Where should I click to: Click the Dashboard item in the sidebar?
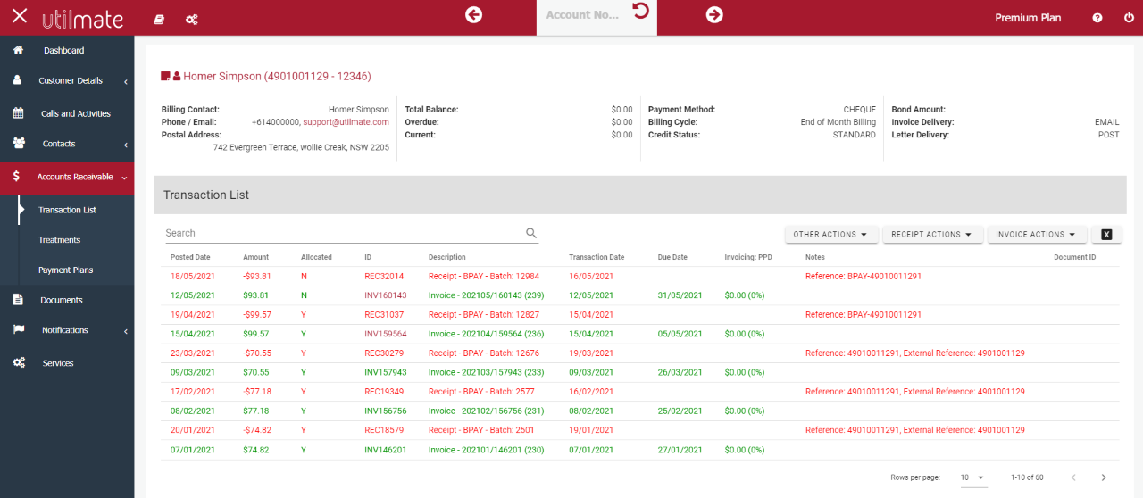pos(63,51)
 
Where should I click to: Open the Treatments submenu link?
pos(59,240)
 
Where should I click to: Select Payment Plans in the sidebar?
pos(65,270)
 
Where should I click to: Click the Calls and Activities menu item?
pos(75,114)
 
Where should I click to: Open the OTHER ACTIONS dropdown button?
pos(830,235)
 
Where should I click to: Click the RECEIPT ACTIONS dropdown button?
pos(931,235)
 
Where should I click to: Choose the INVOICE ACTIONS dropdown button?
pos(1036,235)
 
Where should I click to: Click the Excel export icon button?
pos(1106,235)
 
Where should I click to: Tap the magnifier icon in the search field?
pos(531,234)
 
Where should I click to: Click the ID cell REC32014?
pos(384,277)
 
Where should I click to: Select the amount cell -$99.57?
pos(256,315)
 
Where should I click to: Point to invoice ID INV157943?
pos(385,373)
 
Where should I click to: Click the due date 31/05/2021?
pos(681,295)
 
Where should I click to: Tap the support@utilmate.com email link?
pos(346,122)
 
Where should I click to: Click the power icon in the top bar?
pos(1129,18)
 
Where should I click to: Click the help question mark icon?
pos(1097,18)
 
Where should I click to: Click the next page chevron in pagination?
pos(1104,477)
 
